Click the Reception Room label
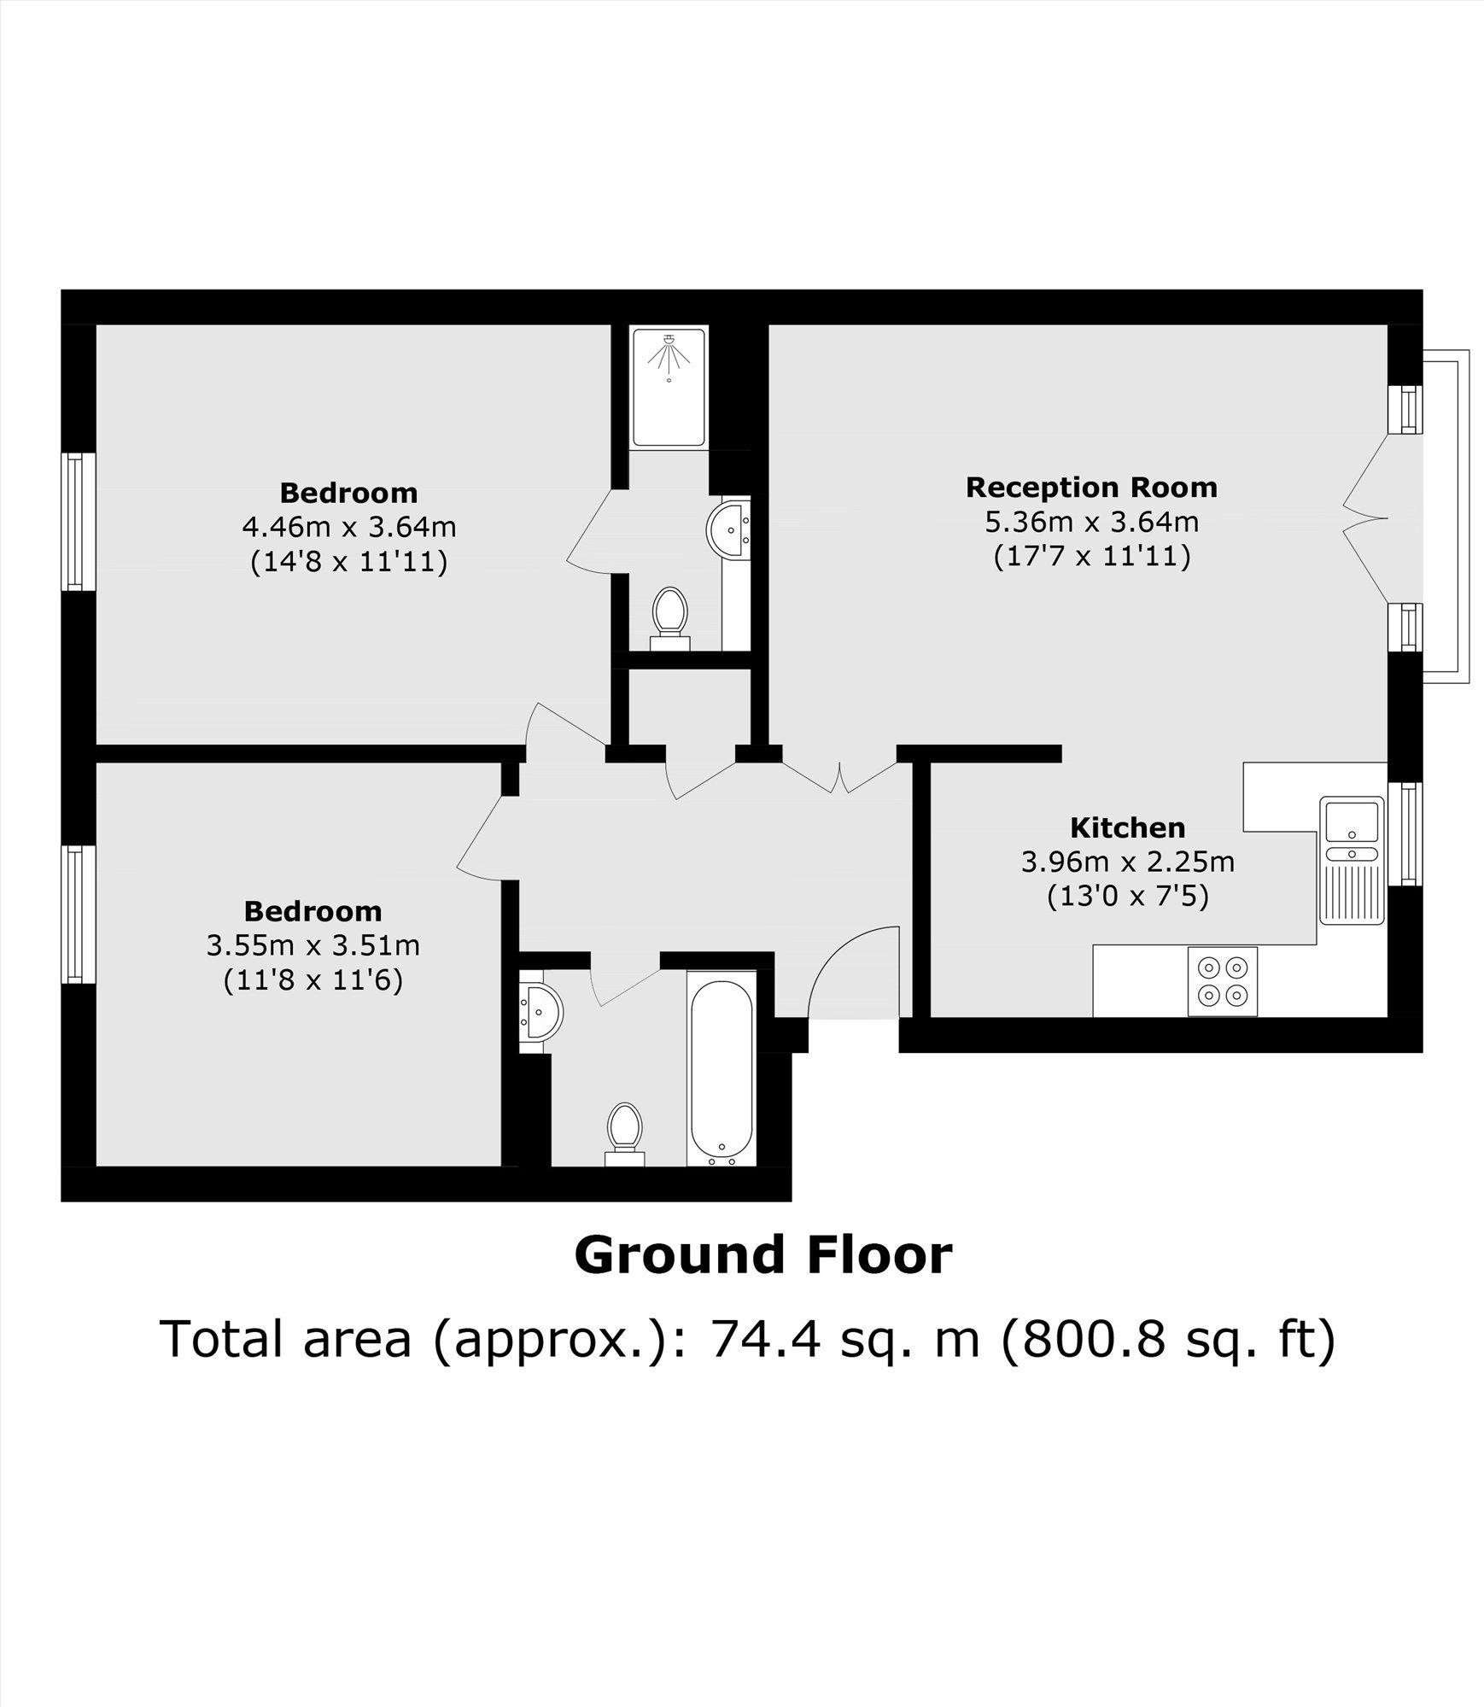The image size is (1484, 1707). [x=1091, y=488]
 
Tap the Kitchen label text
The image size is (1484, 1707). [x=1128, y=827]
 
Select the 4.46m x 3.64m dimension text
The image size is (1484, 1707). [x=349, y=527]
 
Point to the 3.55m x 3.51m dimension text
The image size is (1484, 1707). [x=313, y=945]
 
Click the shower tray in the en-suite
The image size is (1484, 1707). [x=669, y=387]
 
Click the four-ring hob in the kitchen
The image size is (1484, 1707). [x=1223, y=981]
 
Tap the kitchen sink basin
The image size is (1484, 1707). [x=1351, y=821]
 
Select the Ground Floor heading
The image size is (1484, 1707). [x=762, y=1254]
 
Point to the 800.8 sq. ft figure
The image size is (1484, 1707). [x=1166, y=1339]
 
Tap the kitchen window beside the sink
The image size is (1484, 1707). [x=1405, y=833]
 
